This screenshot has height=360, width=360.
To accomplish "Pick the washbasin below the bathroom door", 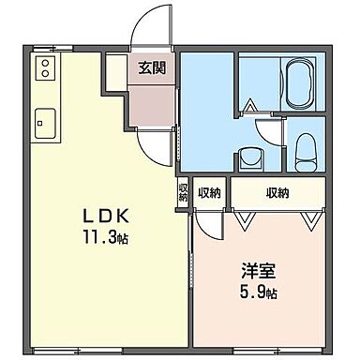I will click(x=250, y=157).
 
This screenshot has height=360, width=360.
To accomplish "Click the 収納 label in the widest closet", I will click(x=277, y=193).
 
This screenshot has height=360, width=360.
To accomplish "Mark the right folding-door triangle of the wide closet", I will click(x=309, y=217).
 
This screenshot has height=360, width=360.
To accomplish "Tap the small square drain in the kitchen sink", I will click(x=40, y=121).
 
